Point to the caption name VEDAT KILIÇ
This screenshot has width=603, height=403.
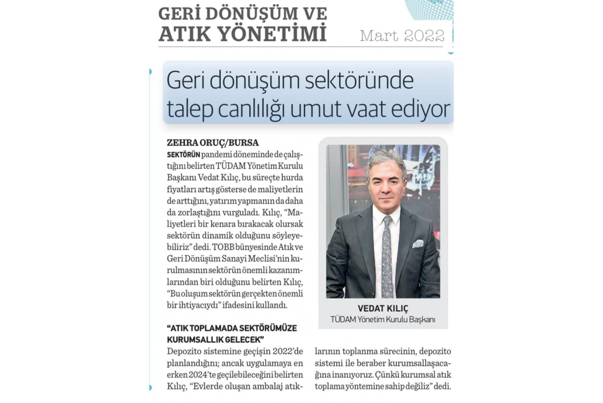[383, 309]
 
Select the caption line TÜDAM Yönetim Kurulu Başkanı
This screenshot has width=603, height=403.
[383, 319]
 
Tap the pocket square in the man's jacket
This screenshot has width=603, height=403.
[418, 243]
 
